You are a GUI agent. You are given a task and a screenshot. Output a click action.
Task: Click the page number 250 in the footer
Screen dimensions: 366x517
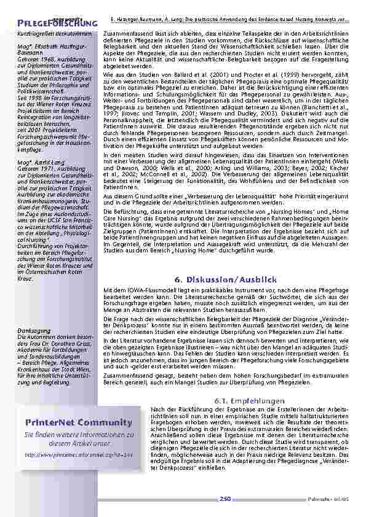pos(225,499)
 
